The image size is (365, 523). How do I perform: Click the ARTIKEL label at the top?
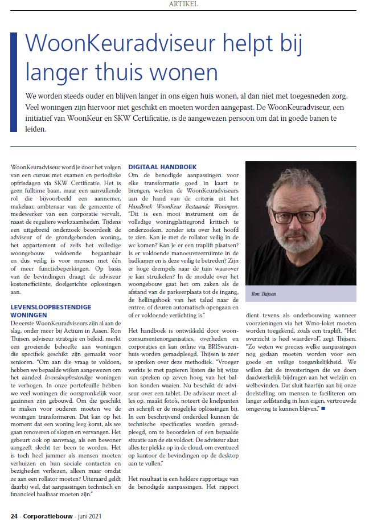click(182, 4)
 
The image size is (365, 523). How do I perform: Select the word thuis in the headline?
click(134, 73)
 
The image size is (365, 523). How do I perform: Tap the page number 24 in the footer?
click(15, 515)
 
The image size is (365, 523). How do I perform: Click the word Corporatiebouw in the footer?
click(49, 515)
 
